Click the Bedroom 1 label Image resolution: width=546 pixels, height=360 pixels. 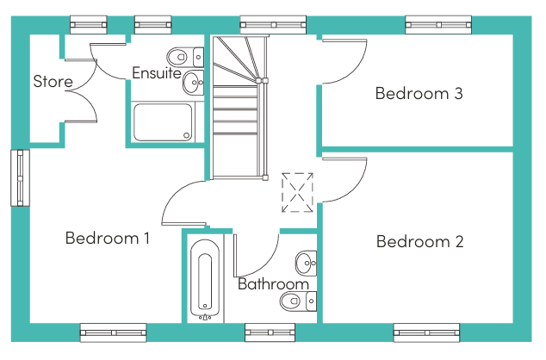108,239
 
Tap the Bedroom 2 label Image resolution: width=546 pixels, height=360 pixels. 420,242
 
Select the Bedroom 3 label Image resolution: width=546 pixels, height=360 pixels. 419,93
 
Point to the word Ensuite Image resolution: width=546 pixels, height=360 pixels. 157,72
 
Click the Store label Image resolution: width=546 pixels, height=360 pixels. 53,81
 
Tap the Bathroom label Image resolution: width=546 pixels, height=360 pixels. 273,284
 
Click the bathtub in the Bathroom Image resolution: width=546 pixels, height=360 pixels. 205,280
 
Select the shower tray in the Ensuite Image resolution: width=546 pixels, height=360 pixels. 163,121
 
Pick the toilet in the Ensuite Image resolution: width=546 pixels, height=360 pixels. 185,57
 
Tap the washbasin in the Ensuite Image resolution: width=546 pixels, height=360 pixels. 193,82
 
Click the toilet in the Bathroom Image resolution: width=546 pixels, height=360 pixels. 299,301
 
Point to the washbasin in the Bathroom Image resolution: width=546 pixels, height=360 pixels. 306,263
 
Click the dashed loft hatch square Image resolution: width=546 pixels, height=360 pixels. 297,193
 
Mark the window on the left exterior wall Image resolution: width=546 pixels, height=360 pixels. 20,178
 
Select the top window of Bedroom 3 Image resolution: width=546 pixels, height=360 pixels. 438,25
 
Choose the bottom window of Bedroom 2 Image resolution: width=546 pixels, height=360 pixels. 426,332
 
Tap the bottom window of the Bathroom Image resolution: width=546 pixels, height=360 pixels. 270,332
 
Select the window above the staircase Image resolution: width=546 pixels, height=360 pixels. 273,25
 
